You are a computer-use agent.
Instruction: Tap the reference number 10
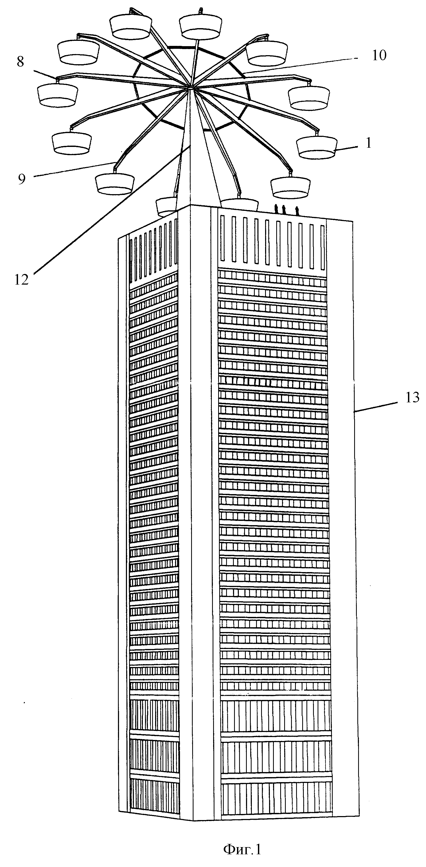click(x=379, y=55)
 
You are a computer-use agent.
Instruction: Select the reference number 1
click(x=368, y=143)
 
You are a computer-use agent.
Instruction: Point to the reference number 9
click(x=22, y=179)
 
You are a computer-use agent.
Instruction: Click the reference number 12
click(x=21, y=280)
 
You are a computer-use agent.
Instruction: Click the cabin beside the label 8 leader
click(x=58, y=95)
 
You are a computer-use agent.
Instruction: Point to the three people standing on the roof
click(x=286, y=210)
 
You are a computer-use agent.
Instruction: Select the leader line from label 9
click(x=74, y=169)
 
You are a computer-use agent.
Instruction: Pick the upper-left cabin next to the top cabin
click(x=131, y=27)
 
